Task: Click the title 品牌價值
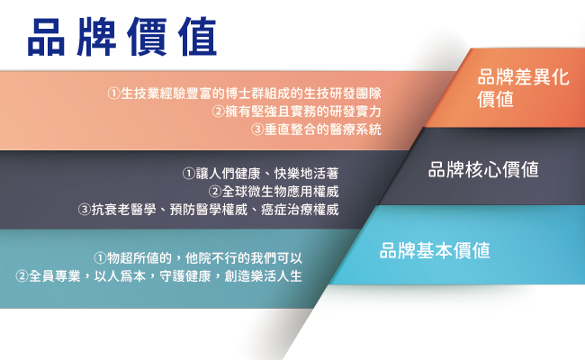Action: coord(122,37)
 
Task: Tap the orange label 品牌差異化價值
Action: coord(523,88)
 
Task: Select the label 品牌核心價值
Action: coord(483,169)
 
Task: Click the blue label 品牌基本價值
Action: coord(435,250)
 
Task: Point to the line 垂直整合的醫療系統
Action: coord(316,130)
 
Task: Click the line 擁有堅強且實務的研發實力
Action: coord(297,112)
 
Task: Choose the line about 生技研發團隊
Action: coord(245,94)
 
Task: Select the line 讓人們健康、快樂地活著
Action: coord(261,173)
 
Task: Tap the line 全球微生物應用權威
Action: coord(274,192)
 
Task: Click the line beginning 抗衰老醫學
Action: coord(209,210)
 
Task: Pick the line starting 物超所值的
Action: coord(198,257)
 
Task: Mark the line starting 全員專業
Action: coord(159,276)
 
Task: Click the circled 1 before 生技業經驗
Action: coord(113,94)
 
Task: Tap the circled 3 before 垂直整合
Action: coord(257,130)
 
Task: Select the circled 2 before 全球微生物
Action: coord(215,192)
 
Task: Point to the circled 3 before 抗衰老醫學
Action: coord(85,210)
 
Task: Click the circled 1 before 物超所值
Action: coord(100,257)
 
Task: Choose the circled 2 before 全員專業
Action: coord(22,276)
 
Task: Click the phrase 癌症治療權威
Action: coord(300,210)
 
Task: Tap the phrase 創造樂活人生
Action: coord(264,276)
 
